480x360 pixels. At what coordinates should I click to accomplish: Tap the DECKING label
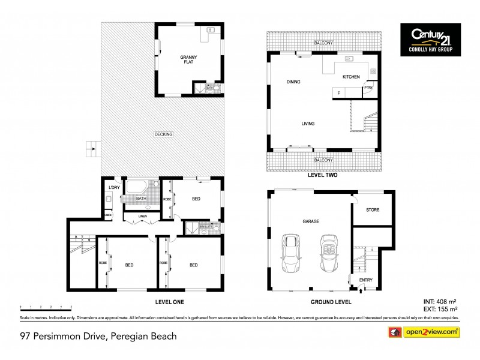point(163,134)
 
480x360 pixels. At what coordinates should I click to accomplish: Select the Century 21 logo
point(431,40)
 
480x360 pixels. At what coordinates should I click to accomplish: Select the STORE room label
point(372,210)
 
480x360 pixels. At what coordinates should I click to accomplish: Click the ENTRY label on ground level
point(365,280)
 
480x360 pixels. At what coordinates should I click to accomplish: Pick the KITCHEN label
point(351,77)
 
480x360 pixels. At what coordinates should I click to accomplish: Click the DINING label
point(293,82)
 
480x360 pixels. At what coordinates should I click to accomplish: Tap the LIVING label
point(308,124)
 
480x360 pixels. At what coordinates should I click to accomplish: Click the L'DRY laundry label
point(112,188)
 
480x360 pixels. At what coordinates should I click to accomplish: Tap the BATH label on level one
point(142,199)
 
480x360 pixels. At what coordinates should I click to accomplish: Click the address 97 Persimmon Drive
point(98,336)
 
